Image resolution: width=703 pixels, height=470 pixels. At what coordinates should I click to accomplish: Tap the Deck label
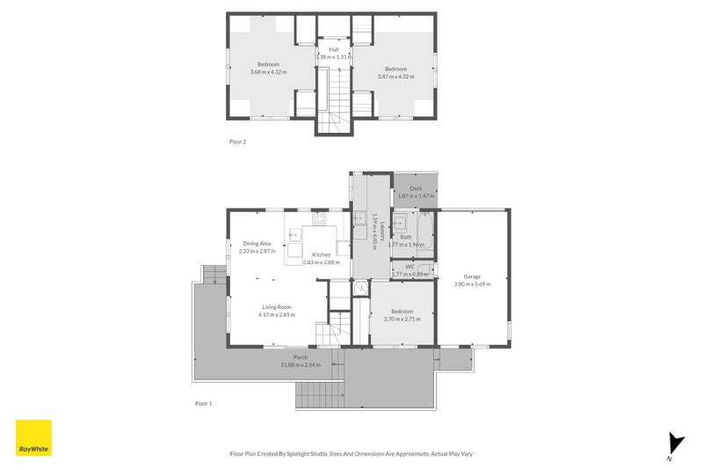[x=416, y=188]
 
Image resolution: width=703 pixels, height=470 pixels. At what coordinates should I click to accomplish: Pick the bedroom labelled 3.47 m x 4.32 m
[x=395, y=69]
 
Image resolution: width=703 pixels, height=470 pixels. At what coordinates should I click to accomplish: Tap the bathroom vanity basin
[x=400, y=222]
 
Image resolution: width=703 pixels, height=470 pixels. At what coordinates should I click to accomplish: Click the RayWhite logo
[x=33, y=437]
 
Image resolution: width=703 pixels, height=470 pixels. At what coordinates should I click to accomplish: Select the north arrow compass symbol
[x=674, y=445]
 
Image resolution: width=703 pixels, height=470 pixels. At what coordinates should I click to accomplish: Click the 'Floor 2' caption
[x=237, y=141]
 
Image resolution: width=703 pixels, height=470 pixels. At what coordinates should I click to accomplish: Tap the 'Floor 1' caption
[x=203, y=403]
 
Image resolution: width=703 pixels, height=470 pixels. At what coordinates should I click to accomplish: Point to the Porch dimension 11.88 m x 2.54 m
[x=301, y=364]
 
